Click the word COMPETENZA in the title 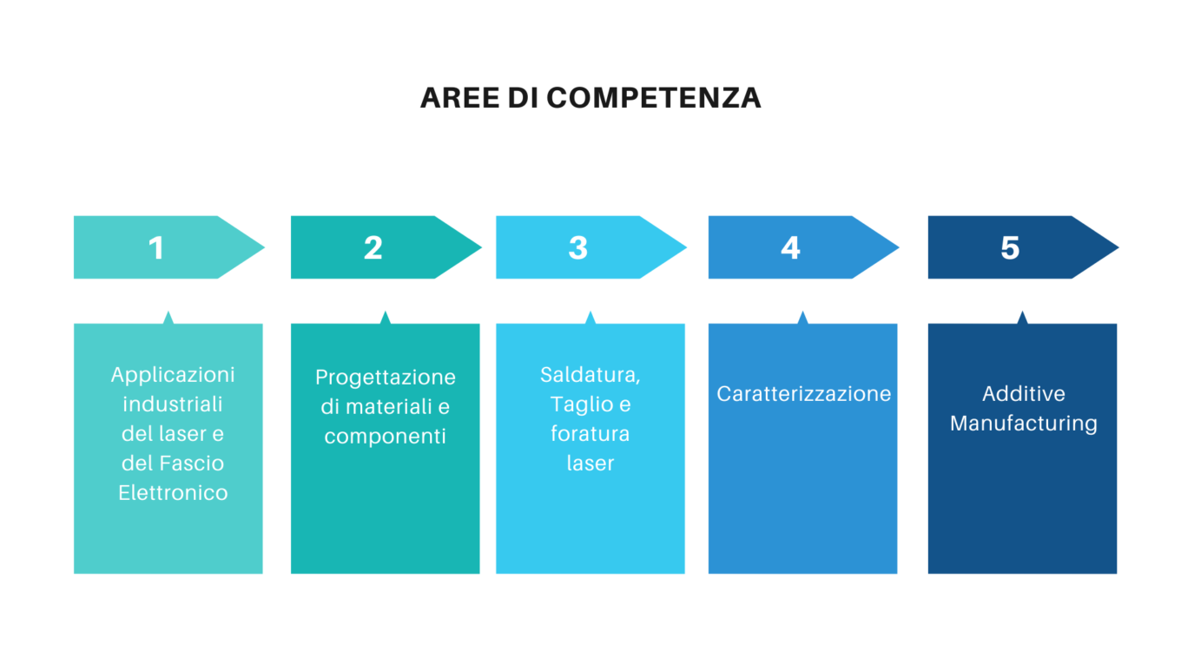click(654, 98)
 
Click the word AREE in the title click(459, 98)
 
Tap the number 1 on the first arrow click(156, 247)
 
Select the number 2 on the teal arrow click(373, 247)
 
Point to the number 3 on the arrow click(577, 247)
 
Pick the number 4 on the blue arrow click(790, 247)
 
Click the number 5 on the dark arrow click(1010, 247)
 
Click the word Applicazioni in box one click(173, 376)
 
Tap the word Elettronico click(173, 493)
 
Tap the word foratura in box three click(590, 434)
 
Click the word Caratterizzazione click(803, 394)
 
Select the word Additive click(1023, 394)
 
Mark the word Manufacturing click(1023, 424)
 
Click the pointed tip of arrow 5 click(1118, 247)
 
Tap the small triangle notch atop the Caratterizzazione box click(802, 318)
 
